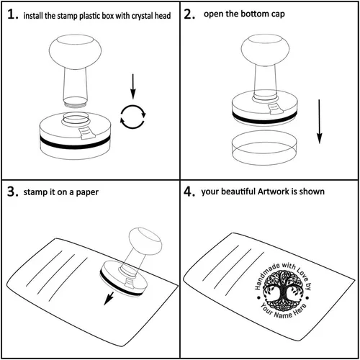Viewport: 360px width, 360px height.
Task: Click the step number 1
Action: (13, 14)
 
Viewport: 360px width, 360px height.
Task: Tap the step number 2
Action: (189, 14)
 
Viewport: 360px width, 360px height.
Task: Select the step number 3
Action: (13, 192)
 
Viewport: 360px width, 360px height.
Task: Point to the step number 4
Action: (189, 192)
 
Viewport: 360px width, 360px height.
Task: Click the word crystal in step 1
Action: (141, 16)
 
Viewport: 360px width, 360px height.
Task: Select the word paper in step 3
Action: (87, 193)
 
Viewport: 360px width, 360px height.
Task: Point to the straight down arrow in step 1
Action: (133, 86)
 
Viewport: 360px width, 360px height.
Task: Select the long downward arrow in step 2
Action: (319, 122)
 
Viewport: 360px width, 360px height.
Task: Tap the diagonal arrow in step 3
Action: (109, 298)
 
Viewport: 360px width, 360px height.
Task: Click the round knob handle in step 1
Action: (75, 52)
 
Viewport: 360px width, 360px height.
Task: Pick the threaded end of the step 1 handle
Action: (75, 103)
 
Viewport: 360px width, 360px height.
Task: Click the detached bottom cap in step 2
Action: (264, 148)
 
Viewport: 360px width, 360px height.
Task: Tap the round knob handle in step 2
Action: (265, 50)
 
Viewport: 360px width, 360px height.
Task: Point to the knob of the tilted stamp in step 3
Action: (145, 241)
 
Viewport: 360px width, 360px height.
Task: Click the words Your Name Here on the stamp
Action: (283, 311)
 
